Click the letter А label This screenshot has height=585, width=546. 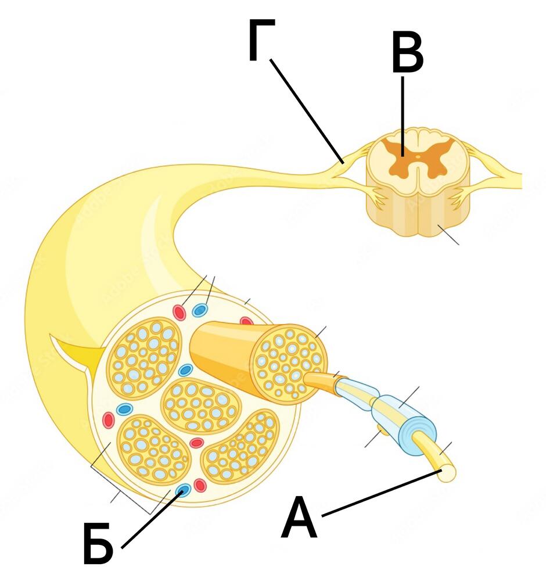point(299,517)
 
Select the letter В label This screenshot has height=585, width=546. point(408,53)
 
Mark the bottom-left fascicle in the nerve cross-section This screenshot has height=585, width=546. point(154,448)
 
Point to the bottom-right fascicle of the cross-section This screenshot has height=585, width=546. point(240,447)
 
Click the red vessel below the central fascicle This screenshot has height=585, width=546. point(196,443)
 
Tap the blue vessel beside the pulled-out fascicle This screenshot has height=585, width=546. point(185,370)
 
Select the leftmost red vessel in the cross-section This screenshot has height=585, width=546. point(108,420)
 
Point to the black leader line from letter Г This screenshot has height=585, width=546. point(307,110)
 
